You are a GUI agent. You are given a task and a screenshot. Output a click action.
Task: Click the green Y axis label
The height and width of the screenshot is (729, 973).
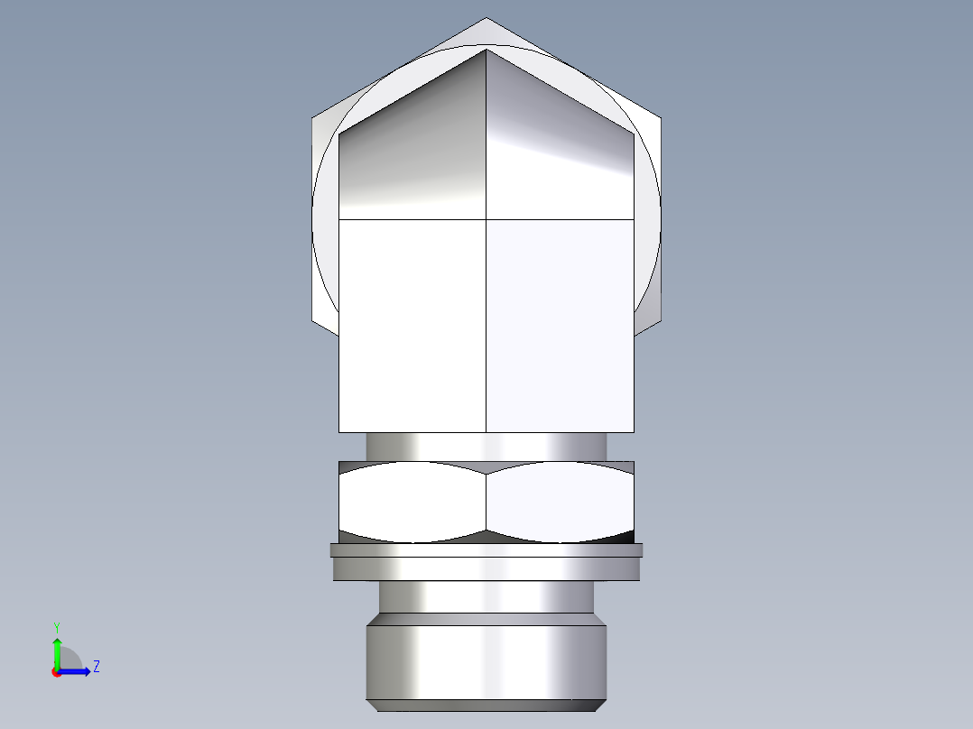56,626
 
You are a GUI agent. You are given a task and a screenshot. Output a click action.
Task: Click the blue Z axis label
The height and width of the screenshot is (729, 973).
96,667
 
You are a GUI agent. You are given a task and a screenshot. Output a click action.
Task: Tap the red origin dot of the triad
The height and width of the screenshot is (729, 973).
56,672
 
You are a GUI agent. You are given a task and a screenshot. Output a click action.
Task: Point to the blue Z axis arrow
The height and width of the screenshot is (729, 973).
77,670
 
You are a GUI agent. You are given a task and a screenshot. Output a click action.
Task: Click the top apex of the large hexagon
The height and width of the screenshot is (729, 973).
486,18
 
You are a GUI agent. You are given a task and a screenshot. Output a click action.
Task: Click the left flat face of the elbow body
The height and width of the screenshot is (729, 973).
412,325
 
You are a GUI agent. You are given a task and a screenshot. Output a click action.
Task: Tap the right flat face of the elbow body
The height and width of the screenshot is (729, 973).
560,325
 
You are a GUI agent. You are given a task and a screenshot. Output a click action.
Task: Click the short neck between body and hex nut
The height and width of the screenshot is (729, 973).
486,447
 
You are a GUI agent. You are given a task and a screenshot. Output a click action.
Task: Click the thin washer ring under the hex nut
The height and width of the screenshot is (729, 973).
486,549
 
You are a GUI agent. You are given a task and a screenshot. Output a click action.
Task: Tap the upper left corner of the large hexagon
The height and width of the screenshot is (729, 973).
312,117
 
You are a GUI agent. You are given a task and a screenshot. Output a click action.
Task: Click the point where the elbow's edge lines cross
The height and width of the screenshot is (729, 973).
486,219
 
